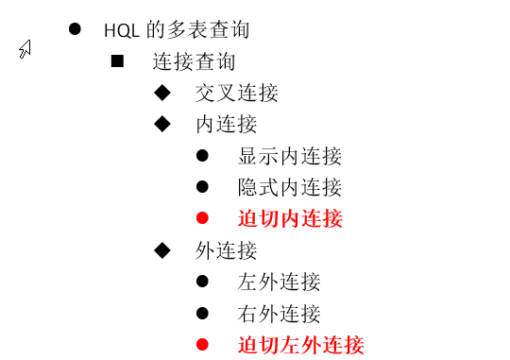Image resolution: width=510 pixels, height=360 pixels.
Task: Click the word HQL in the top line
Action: coord(123,29)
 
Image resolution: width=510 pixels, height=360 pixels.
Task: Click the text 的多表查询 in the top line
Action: coord(199,29)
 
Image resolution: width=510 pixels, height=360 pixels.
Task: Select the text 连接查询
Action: coord(194,62)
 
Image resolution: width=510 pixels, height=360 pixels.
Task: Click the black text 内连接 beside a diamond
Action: coord(226,124)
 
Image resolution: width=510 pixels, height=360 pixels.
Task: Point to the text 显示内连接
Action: coord(289,156)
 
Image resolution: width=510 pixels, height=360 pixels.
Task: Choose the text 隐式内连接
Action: coord(289,187)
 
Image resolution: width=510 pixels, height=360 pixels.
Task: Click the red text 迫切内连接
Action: coord(289,219)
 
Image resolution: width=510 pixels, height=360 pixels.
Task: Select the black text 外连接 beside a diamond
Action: coord(226,250)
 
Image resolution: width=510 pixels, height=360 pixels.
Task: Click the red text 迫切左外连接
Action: coord(300,345)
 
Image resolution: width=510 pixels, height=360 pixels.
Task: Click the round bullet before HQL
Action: coord(75,28)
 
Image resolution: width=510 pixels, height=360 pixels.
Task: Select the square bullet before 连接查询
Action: coord(118,61)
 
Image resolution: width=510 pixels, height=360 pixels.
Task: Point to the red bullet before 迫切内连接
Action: coord(202,218)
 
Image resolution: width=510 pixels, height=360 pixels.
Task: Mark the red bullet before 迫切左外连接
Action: coord(202,345)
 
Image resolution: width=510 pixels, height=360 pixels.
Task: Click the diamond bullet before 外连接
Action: coord(161,249)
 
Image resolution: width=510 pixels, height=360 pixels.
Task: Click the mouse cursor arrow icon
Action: coord(25,49)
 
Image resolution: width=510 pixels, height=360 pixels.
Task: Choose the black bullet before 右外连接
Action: coord(202,313)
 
